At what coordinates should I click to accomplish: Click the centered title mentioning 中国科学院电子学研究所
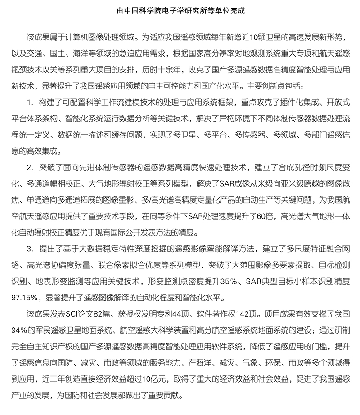click(x=180, y=9)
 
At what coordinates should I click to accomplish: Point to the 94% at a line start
click(x=18, y=330)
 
